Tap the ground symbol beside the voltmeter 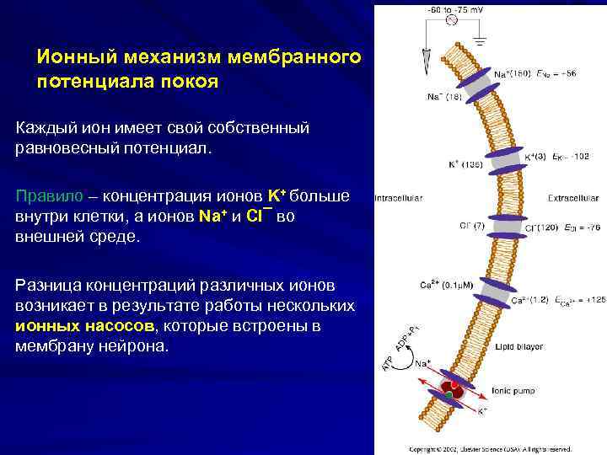[x=480, y=39]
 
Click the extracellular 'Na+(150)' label [x=512, y=74]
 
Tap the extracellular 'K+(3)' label [x=536, y=156]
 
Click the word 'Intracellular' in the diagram [x=400, y=199]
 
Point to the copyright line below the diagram [x=490, y=449]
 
